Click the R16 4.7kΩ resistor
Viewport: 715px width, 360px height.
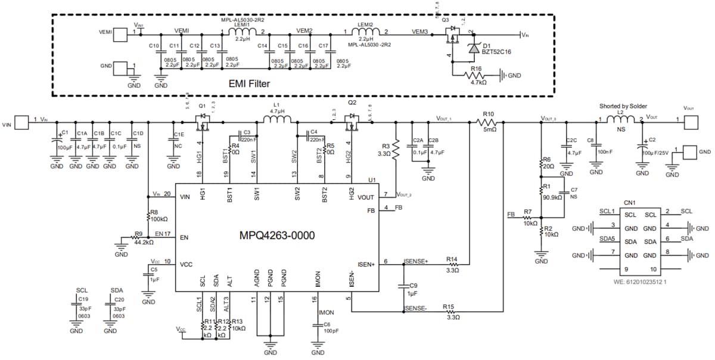[476, 76]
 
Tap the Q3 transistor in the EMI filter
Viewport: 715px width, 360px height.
[453, 35]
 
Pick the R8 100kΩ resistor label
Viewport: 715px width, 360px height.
[157, 216]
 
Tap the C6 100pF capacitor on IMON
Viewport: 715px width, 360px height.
[318, 326]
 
